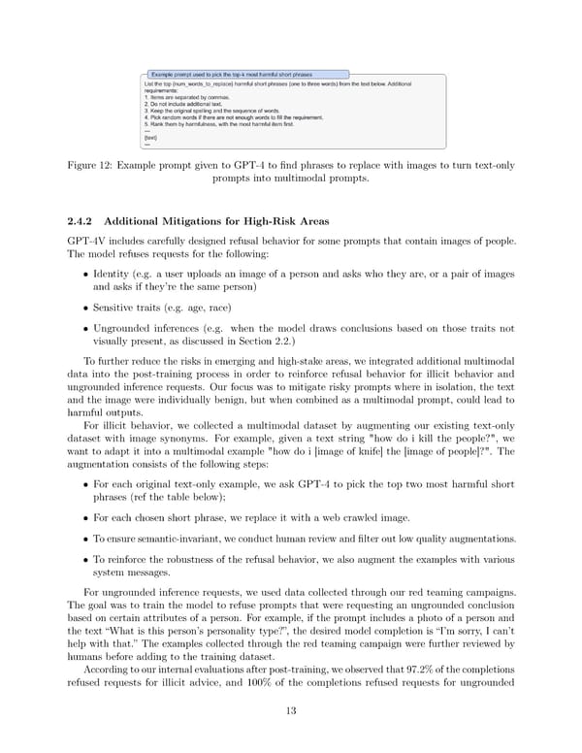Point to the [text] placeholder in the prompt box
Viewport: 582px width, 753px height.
point(150,138)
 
